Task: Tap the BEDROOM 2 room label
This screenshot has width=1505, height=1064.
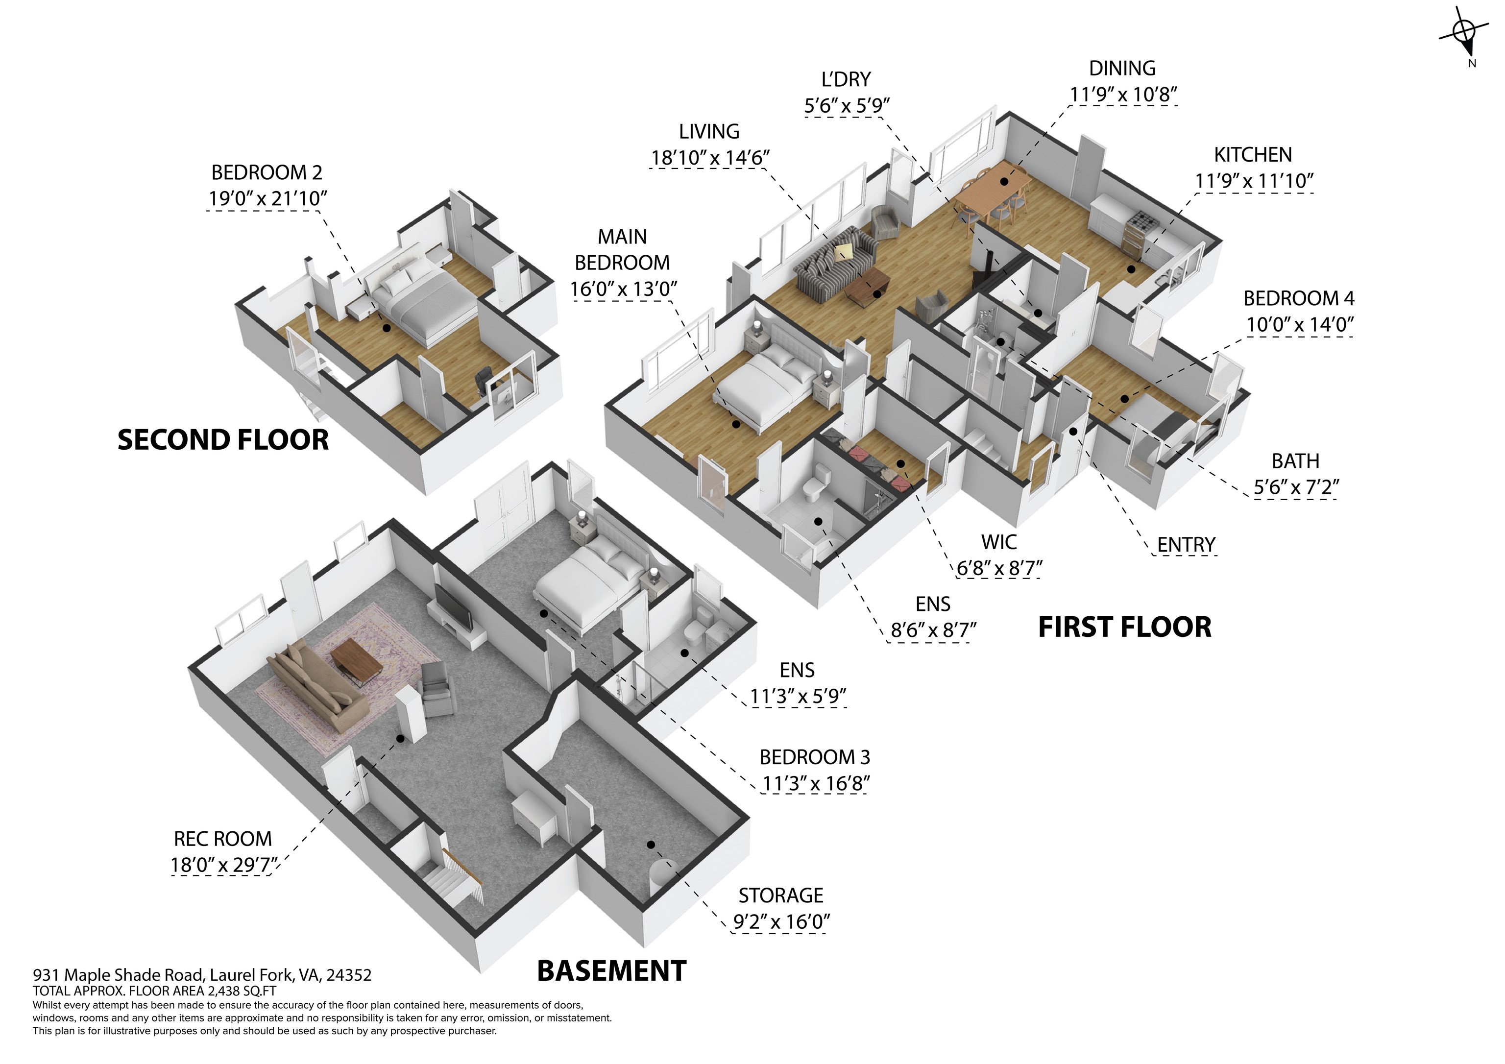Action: click(x=267, y=172)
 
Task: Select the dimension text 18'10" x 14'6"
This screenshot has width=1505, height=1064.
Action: click(x=710, y=158)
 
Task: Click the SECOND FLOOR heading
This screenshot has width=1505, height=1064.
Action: click(x=223, y=440)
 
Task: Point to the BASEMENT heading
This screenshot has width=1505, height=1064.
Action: click(x=611, y=971)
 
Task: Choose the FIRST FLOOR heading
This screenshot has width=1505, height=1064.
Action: click(x=1125, y=628)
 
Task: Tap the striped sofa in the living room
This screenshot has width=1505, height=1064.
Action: click(x=836, y=262)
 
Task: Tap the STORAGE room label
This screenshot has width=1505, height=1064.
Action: click(x=781, y=895)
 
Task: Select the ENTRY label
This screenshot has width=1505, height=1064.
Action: click(x=1187, y=545)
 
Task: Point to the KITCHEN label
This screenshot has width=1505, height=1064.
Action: click(x=1253, y=155)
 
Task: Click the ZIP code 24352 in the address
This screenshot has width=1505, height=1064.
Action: click(x=349, y=975)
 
